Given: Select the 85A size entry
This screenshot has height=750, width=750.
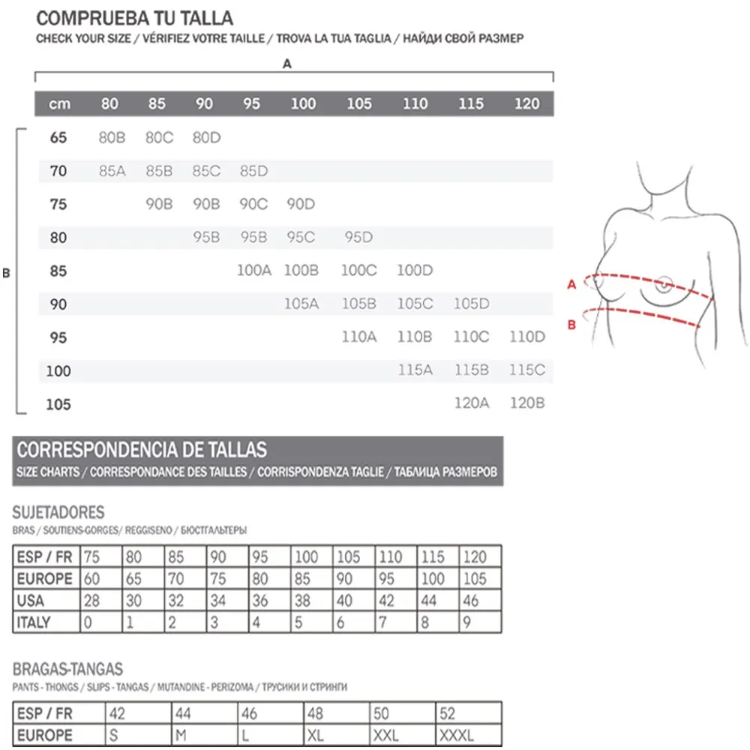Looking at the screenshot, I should point(112,171).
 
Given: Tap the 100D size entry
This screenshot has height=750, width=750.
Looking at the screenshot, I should point(415,271).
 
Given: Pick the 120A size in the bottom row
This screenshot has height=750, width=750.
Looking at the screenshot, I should point(471,403).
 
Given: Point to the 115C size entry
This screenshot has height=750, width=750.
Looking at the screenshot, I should point(526,370).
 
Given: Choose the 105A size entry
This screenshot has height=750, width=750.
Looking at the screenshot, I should point(301,304).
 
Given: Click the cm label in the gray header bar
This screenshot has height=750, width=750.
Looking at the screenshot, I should point(59,103).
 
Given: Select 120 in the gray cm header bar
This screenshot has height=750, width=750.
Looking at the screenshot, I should point(526,103).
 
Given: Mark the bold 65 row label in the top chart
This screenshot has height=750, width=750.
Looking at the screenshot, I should point(58,138).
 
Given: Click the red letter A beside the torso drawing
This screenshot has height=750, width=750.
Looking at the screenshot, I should point(571,284).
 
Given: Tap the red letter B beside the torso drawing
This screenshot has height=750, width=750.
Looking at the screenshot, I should point(571,324).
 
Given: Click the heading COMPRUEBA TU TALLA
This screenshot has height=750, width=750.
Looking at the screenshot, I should point(135,18).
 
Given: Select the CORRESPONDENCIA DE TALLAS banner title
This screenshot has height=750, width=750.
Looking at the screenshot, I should point(142,450).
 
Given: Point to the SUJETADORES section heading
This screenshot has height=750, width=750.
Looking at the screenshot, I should point(58,513).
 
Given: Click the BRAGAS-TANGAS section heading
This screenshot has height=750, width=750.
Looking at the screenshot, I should point(67,669).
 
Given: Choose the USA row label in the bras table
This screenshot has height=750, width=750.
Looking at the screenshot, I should point(31,600).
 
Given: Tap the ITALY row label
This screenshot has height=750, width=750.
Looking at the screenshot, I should point(34,622).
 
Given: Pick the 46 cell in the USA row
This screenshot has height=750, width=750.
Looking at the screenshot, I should point(472,600).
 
